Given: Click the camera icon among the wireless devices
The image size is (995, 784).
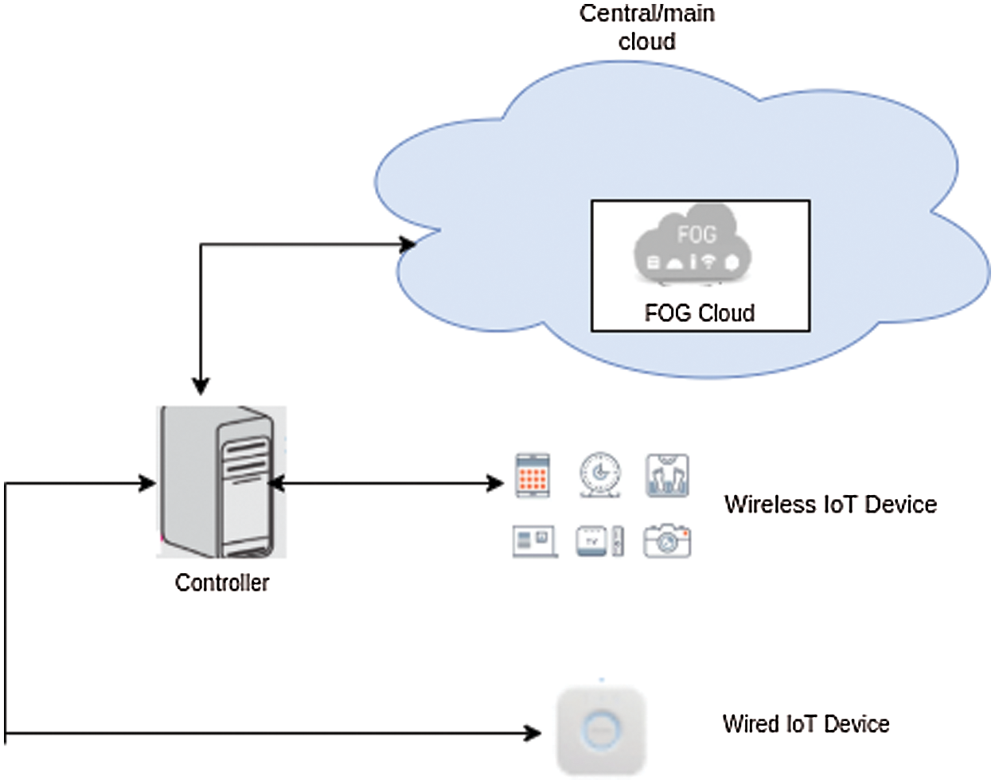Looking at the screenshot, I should pyautogui.click(x=667, y=540).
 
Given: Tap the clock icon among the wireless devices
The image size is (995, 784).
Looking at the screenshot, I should pyautogui.click(x=600, y=475).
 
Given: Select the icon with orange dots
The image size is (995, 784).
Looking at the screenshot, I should pyautogui.click(x=533, y=475).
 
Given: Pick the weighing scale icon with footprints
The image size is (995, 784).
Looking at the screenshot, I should pyautogui.click(x=667, y=475).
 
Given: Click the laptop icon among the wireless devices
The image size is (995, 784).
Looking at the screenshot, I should pyautogui.click(x=534, y=540).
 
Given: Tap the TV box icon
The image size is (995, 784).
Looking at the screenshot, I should pyautogui.click(x=599, y=540).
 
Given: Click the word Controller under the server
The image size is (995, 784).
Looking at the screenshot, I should pyautogui.click(x=222, y=583).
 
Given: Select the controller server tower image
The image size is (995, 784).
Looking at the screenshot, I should pyautogui.click(x=221, y=482).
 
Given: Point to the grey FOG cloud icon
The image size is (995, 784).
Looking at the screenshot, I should pyautogui.click(x=693, y=243).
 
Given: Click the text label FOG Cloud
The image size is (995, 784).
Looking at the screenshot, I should pyautogui.click(x=700, y=313).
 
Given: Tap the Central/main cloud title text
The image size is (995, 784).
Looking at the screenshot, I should pyautogui.click(x=646, y=27).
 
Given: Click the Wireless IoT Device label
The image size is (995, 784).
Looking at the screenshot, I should pyautogui.click(x=830, y=505).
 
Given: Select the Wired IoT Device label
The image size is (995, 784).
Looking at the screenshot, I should pyautogui.click(x=806, y=724).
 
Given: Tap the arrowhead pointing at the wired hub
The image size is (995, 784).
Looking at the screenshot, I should pyautogui.click(x=533, y=733).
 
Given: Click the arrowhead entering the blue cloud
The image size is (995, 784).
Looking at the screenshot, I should pyautogui.click(x=408, y=244).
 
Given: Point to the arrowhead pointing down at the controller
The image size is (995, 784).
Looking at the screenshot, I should pyautogui.click(x=201, y=386).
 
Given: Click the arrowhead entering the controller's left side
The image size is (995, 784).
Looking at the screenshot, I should pyautogui.click(x=147, y=483).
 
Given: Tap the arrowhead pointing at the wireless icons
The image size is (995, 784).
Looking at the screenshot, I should pyautogui.click(x=495, y=483).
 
